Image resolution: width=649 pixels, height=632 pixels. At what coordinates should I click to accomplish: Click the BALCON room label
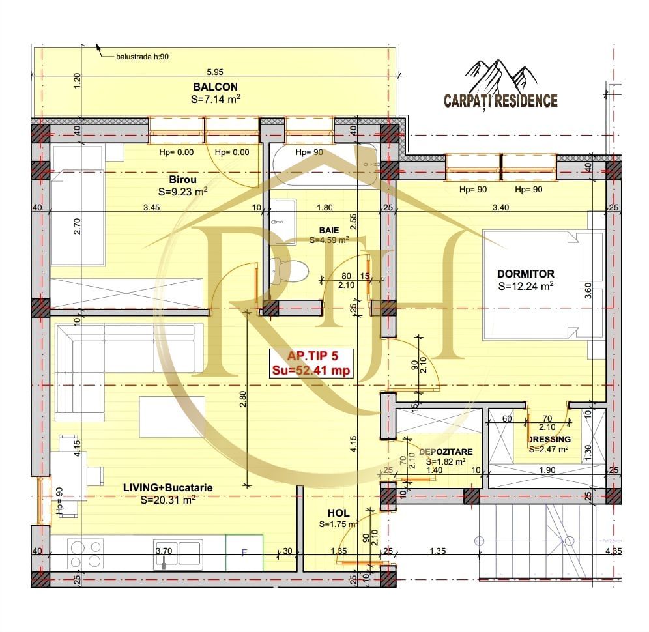pyautogui.click(x=215, y=87)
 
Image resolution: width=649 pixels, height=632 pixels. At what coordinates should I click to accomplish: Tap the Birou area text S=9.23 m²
pyautogui.click(x=182, y=192)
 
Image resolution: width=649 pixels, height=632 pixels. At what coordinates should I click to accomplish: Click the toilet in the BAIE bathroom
pyautogui.click(x=287, y=268)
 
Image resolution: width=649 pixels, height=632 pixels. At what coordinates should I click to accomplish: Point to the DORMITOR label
pyautogui.click(x=525, y=274)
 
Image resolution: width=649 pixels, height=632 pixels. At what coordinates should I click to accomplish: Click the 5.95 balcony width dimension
pyautogui.click(x=215, y=72)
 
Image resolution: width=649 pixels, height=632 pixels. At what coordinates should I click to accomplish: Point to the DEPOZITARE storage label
pyautogui.click(x=445, y=452)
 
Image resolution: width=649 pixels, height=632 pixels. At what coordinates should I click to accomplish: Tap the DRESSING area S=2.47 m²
pyautogui.click(x=549, y=448)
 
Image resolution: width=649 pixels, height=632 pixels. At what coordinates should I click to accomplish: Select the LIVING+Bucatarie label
pyautogui.click(x=168, y=487)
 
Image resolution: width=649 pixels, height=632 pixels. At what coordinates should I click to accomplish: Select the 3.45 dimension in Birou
pyautogui.click(x=151, y=208)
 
